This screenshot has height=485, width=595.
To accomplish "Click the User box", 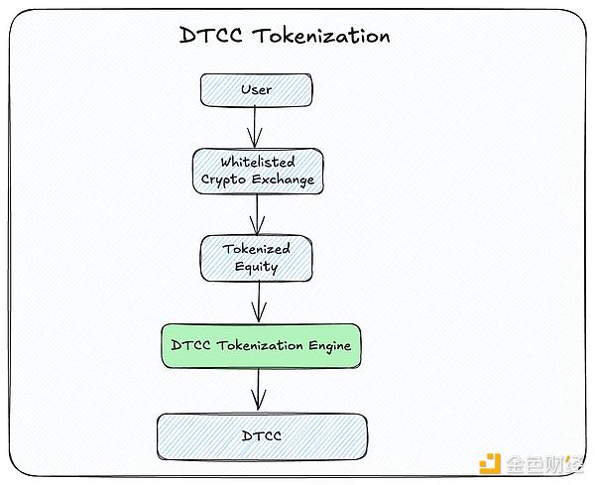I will point(257,90).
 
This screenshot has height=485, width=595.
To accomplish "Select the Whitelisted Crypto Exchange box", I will point(257,170).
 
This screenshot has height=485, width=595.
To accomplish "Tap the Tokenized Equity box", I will point(257,258).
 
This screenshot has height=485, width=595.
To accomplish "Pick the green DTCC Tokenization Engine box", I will point(261,346).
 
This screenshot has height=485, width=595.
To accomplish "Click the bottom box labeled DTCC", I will point(262,436).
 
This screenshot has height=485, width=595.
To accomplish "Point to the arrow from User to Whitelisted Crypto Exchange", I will point(257,127).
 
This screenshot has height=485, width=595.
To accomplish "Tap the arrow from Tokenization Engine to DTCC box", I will point(260,390).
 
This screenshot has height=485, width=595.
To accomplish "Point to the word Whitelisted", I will point(257,161).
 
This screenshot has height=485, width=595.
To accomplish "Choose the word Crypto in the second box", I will point(223,180).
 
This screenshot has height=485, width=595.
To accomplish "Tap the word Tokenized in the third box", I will point(257,249).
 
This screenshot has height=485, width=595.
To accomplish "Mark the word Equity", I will point(257,267).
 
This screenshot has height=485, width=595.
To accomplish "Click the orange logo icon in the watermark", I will point(488,464).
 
